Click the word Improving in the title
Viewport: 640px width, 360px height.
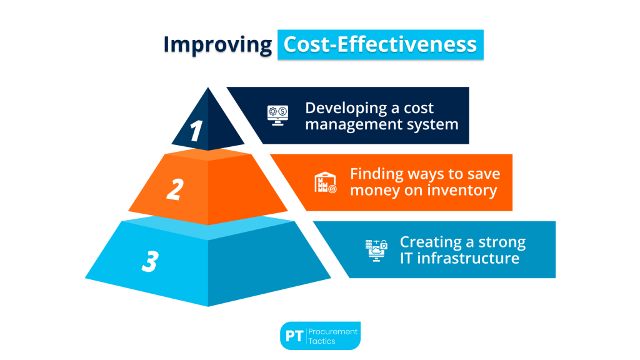(x=217, y=45)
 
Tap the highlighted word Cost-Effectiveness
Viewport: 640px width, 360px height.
(x=380, y=45)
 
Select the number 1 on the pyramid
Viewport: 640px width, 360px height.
(x=197, y=131)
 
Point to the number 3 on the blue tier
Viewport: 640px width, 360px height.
(x=149, y=261)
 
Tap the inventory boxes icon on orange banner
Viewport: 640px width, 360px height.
(x=325, y=182)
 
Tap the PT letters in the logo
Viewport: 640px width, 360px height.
(x=294, y=336)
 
